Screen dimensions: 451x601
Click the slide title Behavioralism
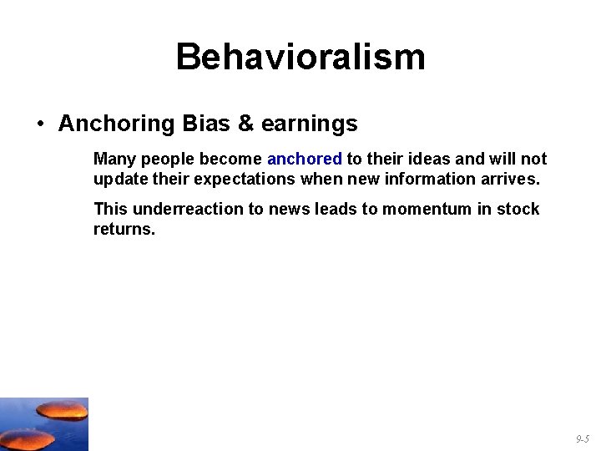(300, 58)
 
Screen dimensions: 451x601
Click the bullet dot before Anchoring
(40, 124)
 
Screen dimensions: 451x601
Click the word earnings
(309, 124)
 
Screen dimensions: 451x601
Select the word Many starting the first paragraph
(114, 159)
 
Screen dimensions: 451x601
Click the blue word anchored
(304, 159)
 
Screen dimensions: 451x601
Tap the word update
(119, 180)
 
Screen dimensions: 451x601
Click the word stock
(518, 209)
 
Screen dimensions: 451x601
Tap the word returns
(124, 229)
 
